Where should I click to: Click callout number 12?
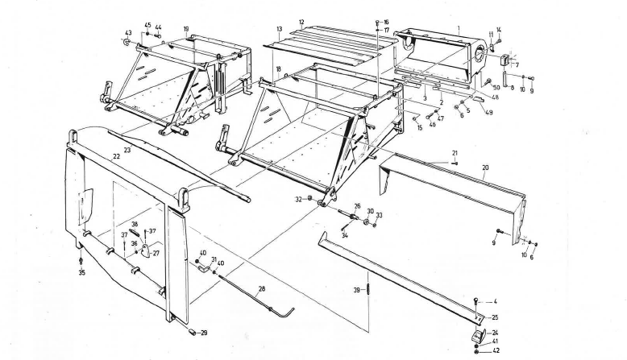coord(300,22)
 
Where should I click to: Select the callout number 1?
coord(459,28)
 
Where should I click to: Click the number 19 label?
coord(186,29)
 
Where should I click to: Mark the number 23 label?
coord(127,149)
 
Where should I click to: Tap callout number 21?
coord(455,152)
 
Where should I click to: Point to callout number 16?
coord(385,21)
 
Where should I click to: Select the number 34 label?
coord(344,236)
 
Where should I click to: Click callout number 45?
coord(147,26)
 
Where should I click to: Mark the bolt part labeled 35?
coord(82,260)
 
